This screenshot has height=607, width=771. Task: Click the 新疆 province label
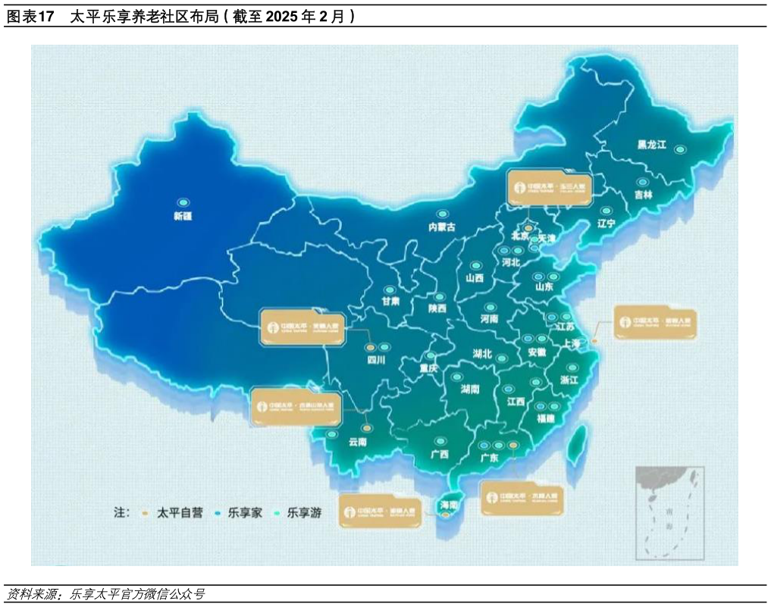point(183,216)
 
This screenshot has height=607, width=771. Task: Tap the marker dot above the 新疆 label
point(183,202)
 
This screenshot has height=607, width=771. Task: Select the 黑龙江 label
point(651,145)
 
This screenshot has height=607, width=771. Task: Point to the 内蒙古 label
point(442,227)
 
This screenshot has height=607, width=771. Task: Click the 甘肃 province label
point(390,302)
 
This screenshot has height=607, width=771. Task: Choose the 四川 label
point(376,360)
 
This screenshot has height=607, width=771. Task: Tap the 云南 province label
point(356,443)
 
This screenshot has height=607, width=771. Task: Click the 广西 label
point(439,454)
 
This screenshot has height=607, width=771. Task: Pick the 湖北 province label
point(482,354)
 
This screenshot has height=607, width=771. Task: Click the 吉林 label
point(644,195)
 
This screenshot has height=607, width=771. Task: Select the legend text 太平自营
point(180,513)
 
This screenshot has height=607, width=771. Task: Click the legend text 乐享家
point(246,513)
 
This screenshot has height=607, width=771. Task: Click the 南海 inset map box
point(669,512)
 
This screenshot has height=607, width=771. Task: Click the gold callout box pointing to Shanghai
point(655,322)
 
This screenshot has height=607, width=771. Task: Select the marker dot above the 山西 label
point(475,266)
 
